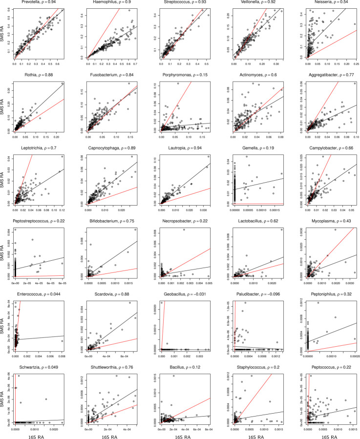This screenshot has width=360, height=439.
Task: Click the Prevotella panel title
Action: pyautogui.click(x=39, y=3)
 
